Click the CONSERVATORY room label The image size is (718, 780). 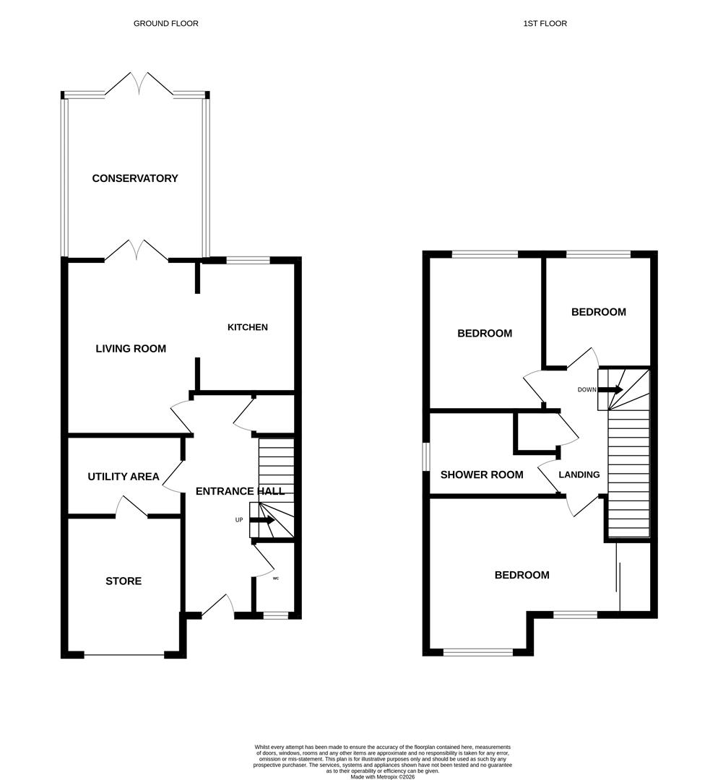pyautogui.click(x=135, y=178)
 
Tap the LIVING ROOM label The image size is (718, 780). pyautogui.click(x=131, y=349)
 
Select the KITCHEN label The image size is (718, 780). pyautogui.click(x=248, y=327)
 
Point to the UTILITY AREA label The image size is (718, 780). pyautogui.click(x=124, y=477)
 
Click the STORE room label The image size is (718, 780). pyautogui.click(x=124, y=581)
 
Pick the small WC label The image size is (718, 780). pyautogui.click(x=276, y=578)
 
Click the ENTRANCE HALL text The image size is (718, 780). pyautogui.click(x=240, y=491)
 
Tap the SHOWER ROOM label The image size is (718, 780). pyautogui.click(x=482, y=474)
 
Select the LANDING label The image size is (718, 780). pyautogui.click(x=579, y=474)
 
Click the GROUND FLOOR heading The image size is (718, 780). pyautogui.click(x=166, y=24)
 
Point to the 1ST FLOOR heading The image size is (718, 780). pyautogui.click(x=545, y=24)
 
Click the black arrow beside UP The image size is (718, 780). pyautogui.click(x=261, y=520)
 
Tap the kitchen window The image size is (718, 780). pyautogui.click(x=248, y=260)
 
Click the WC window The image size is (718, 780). pyautogui.click(x=275, y=615)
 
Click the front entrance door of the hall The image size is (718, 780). pyautogui.click(x=218, y=607)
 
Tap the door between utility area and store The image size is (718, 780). pyautogui.click(x=131, y=507)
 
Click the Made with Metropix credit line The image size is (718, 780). pyautogui.click(x=383, y=776)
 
